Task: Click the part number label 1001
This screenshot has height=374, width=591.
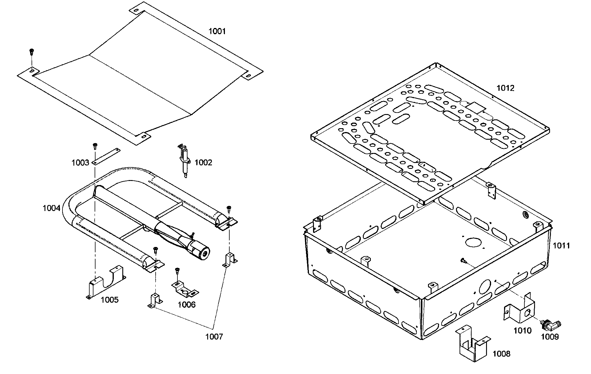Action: tap(217, 31)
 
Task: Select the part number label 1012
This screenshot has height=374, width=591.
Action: tap(505, 88)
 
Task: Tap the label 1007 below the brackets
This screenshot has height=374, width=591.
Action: tap(214, 337)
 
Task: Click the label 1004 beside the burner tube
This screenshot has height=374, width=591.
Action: tap(51, 208)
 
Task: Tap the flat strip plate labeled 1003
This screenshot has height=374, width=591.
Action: tap(106, 156)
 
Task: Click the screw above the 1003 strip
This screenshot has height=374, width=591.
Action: tap(95, 145)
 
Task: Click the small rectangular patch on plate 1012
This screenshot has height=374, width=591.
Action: tap(475, 108)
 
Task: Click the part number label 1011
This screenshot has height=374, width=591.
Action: tap(561, 246)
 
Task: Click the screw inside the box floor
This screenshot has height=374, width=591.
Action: tap(463, 260)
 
